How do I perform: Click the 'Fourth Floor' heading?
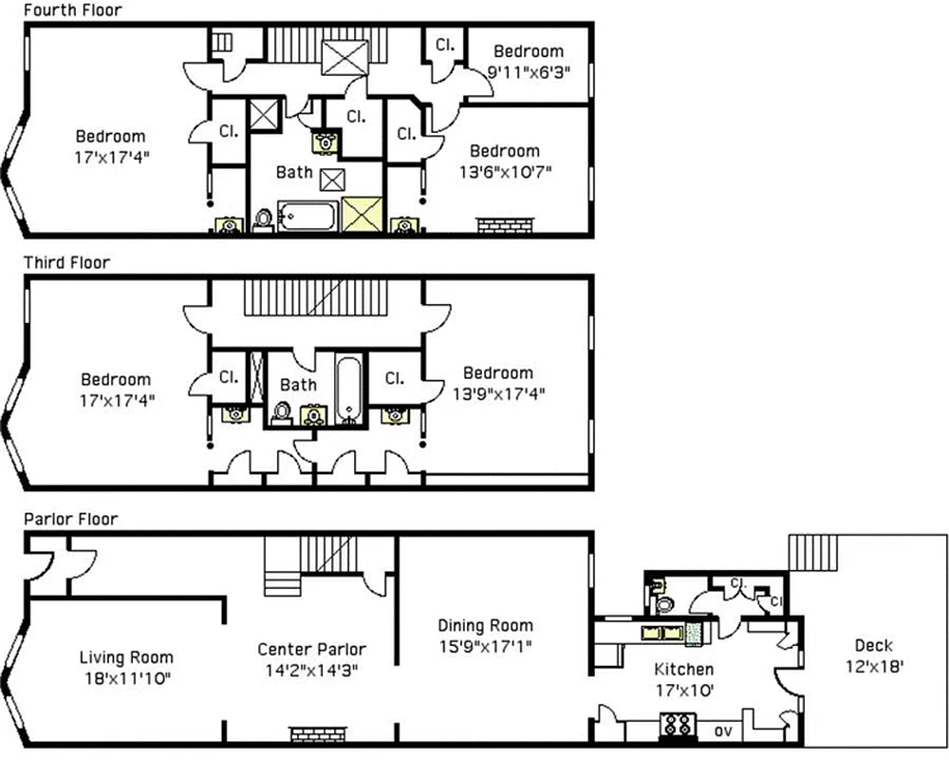(71, 10)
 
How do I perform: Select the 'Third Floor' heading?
(66, 262)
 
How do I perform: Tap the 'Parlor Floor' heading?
(70, 519)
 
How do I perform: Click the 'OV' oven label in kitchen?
(721, 731)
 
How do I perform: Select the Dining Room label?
(485, 625)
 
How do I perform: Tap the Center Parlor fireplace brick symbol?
(313, 733)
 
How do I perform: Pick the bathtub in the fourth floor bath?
(307, 218)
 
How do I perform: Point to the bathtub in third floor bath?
(348, 388)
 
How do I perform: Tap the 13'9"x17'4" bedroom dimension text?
(497, 392)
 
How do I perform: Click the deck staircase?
(814, 552)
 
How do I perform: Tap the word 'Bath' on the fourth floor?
(294, 172)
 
